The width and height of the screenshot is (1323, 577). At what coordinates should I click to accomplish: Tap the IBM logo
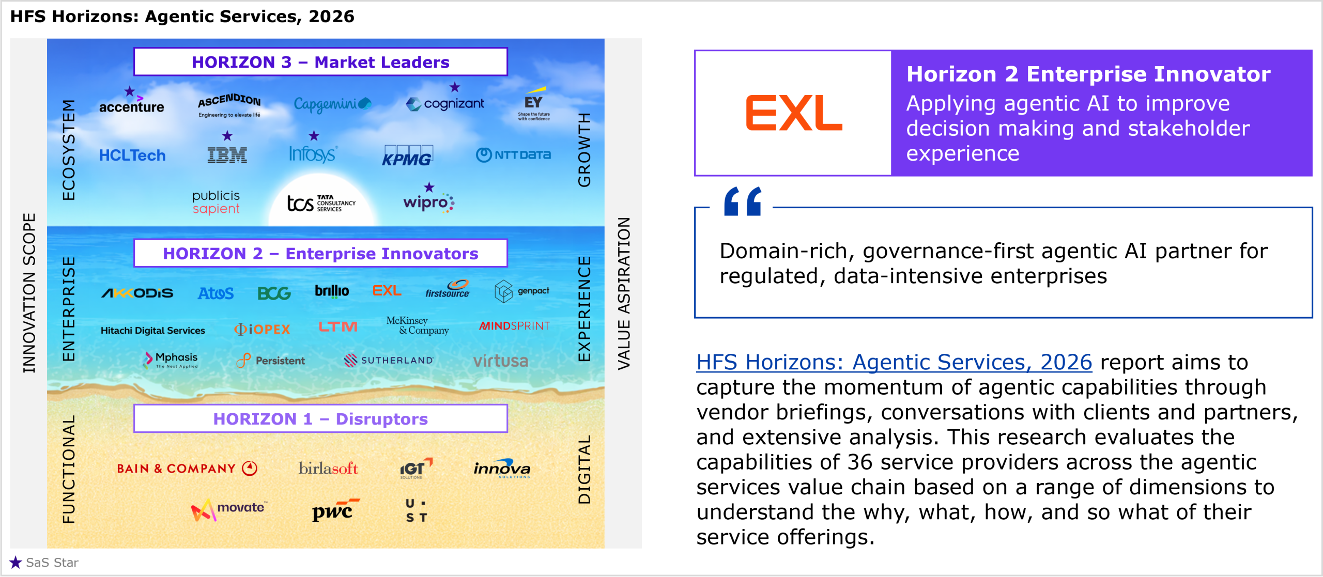click(x=227, y=155)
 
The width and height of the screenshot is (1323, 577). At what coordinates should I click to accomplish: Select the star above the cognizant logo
click(x=454, y=87)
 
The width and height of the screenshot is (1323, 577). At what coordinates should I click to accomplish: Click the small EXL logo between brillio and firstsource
click(x=387, y=291)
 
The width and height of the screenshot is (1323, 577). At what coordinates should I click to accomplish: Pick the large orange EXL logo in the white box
click(x=793, y=113)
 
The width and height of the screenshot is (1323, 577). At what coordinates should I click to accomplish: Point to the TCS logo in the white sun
click(x=321, y=203)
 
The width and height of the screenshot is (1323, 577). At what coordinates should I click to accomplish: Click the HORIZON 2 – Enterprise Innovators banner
click(x=320, y=253)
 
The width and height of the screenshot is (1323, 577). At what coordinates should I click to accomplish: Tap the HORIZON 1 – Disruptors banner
click(x=320, y=418)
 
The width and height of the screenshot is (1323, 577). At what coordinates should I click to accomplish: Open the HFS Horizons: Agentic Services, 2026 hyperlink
click(x=894, y=362)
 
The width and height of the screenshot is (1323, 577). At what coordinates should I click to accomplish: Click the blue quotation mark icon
click(x=743, y=201)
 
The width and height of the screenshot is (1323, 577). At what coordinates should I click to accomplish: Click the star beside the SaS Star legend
click(x=16, y=562)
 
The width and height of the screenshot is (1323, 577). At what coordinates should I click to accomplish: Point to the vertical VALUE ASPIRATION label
click(x=624, y=293)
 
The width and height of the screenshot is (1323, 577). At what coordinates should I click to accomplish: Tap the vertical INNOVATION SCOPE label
click(x=29, y=293)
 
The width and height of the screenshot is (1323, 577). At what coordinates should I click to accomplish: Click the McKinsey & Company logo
click(x=418, y=325)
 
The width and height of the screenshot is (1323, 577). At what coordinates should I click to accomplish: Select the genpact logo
click(x=522, y=291)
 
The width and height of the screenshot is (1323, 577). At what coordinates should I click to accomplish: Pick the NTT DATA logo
click(x=513, y=154)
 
